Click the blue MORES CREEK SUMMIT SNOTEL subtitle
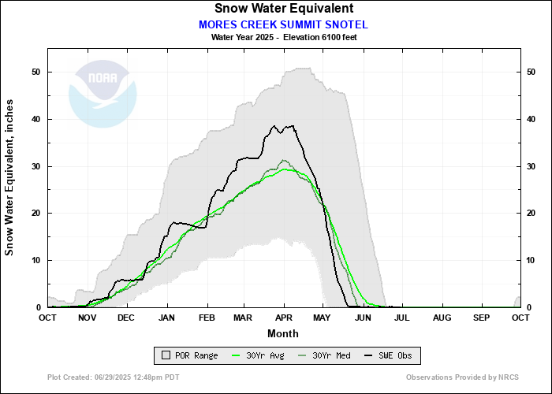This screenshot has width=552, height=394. [283, 24]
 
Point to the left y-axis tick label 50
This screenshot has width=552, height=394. [35, 72]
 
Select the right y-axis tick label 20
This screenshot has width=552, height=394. [531, 214]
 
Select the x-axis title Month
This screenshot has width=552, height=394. [283, 333]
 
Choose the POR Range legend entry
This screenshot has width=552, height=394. [187, 356]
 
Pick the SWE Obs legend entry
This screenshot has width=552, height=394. [390, 356]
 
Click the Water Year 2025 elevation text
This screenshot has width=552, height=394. [283, 37]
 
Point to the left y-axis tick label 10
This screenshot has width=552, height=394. [35, 261]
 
